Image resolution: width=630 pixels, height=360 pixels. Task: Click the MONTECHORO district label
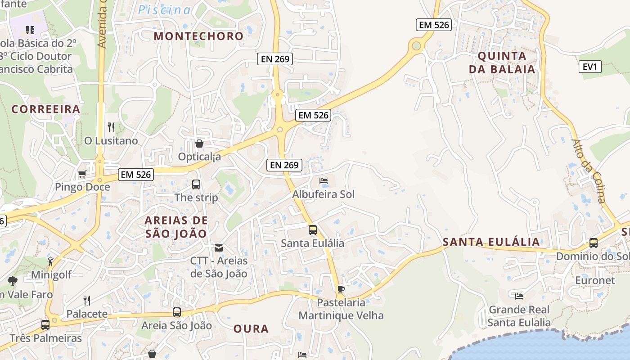point(198,36)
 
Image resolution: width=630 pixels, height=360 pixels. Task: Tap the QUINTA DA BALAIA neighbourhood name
point(502,63)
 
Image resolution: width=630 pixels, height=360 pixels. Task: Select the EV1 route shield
point(589,67)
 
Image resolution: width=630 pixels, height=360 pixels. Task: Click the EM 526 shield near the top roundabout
point(434,25)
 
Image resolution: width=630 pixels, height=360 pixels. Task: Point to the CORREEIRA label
point(46,109)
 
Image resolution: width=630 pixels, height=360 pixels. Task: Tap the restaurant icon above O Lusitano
point(111,127)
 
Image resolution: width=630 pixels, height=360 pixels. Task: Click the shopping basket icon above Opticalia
point(199,144)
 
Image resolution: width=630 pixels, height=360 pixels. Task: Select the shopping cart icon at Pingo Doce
point(82,174)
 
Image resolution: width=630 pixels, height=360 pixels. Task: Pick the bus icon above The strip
point(196,184)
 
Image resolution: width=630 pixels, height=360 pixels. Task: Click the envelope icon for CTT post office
point(219,247)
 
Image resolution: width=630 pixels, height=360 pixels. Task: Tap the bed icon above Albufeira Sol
point(323,181)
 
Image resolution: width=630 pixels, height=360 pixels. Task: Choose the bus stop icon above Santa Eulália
point(313,230)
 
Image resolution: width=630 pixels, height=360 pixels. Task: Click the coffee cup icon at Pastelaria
point(341,289)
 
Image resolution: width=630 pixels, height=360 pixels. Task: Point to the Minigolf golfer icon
point(50,261)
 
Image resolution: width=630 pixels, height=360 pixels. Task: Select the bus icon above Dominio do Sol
point(593,243)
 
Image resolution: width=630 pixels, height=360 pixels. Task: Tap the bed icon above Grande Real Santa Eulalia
point(519,296)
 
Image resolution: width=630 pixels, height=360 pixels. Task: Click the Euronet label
point(595,280)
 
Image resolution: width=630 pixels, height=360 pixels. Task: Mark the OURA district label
point(251,329)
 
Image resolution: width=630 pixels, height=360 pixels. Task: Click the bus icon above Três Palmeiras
point(45,324)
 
